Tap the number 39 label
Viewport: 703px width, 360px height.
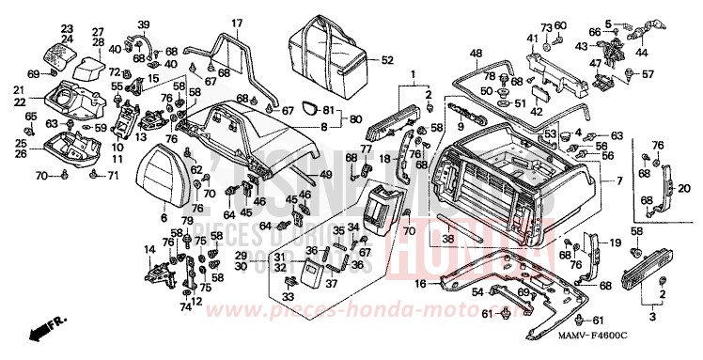(x=143, y=23)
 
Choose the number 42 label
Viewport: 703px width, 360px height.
(x=537, y=111)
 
